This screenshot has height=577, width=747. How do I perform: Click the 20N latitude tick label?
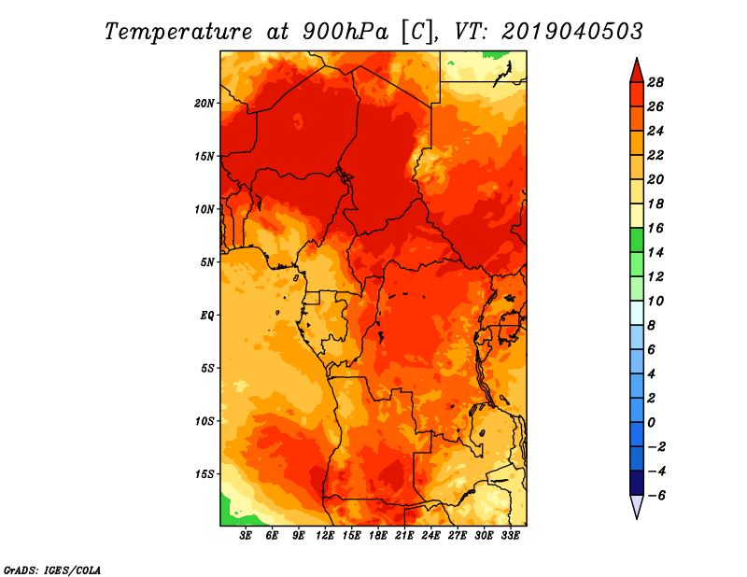(204, 104)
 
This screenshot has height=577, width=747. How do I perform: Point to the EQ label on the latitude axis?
(206, 316)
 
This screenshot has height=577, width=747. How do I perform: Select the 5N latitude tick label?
(207, 262)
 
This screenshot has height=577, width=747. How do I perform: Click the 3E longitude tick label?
(246, 536)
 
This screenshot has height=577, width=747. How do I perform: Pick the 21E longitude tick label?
(404, 536)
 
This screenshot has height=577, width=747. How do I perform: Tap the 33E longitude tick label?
(510, 536)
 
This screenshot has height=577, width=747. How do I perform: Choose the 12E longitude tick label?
(325, 536)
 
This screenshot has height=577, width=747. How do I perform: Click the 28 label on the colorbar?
(655, 82)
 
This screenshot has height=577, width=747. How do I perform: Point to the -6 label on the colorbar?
(656, 496)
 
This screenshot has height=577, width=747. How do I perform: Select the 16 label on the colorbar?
(655, 228)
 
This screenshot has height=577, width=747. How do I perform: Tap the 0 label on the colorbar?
(651, 423)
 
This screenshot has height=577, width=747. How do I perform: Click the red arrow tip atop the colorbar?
(637, 59)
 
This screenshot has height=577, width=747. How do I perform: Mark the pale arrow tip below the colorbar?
(637, 518)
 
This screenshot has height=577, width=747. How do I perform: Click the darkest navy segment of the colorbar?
(637, 483)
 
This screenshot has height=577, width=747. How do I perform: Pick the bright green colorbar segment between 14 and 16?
(637, 240)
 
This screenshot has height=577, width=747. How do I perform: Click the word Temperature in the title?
(178, 32)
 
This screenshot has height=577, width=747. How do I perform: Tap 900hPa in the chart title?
(345, 32)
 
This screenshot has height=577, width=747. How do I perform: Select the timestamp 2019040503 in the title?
(572, 32)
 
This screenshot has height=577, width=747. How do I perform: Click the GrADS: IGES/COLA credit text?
(52, 570)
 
